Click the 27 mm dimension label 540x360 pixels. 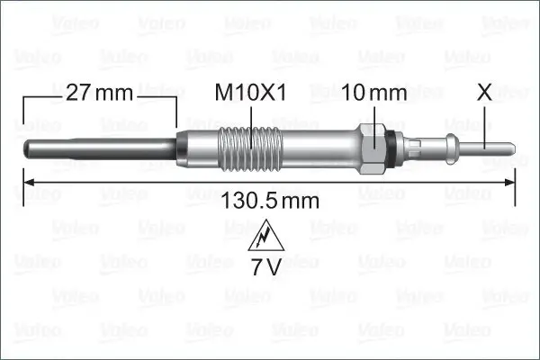(x=99, y=93)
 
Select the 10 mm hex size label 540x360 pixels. (x=374, y=93)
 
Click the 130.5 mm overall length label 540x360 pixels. (x=270, y=202)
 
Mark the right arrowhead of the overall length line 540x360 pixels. (x=509, y=184)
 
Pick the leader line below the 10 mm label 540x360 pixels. (x=374, y=115)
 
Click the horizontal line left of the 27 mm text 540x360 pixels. (x=40, y=93)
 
